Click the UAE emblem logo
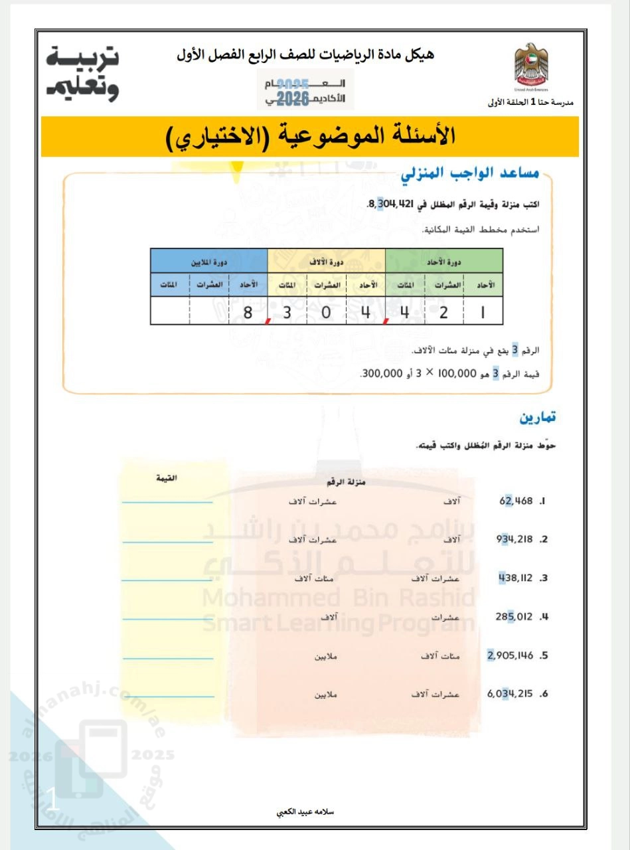point(530,67)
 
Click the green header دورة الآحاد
point(443,261)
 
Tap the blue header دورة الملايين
point(209,261)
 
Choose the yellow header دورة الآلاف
point(326,261)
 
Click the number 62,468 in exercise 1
point(516,501)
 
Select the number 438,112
point(516,578)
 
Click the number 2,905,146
point(511,656)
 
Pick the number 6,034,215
point(511,695)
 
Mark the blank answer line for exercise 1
point(168,503)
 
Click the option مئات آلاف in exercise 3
point(317,578)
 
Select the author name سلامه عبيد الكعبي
point(315,812)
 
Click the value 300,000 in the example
point(381,374)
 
